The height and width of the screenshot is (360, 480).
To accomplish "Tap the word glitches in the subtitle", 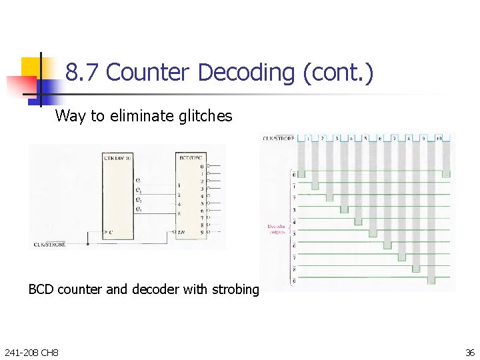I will (x=205, y=116).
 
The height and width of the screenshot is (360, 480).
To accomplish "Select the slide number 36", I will (x=468, y=351).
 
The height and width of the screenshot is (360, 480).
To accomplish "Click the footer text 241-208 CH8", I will (x=31, y=351).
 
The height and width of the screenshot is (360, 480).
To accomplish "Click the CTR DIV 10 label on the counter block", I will (x=118, y=157).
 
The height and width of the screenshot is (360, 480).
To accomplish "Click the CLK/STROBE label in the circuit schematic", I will (x=49, y=245).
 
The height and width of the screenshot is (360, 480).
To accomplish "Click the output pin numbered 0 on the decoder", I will (x=201, y=166).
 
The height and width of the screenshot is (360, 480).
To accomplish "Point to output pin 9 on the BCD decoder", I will (x=201, y=232).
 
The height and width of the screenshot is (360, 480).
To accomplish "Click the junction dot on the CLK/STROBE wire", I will (x=87, y=244).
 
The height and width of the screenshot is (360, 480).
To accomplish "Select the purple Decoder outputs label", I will (x=277, y=229).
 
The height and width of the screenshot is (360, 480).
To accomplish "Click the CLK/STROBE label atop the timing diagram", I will (x=276, y=139).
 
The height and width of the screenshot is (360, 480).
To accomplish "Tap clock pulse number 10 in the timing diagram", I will (x=439, y=139).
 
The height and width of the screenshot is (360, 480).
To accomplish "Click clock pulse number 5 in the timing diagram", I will (x=365, y=139).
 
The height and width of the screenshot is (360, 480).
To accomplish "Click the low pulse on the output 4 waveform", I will (x=358, y=219).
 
